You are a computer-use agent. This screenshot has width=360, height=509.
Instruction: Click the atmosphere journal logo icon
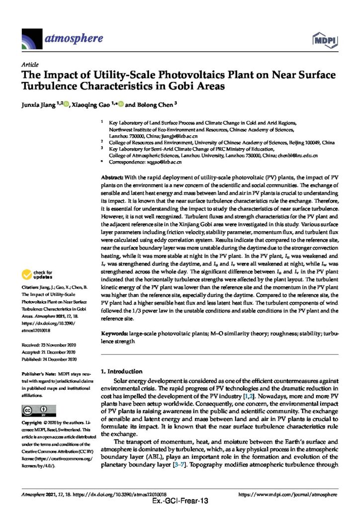tap(31, 38)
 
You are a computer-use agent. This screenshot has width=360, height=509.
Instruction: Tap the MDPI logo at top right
tap(323, 39)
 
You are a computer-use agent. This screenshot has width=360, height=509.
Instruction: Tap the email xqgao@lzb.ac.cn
tap(166, 162)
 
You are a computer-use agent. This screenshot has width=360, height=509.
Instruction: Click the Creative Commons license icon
tap(34, 410)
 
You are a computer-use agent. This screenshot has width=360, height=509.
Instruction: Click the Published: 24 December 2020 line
tap(49, 359)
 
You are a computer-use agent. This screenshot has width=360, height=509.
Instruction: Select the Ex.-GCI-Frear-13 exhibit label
tap(180, 503)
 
